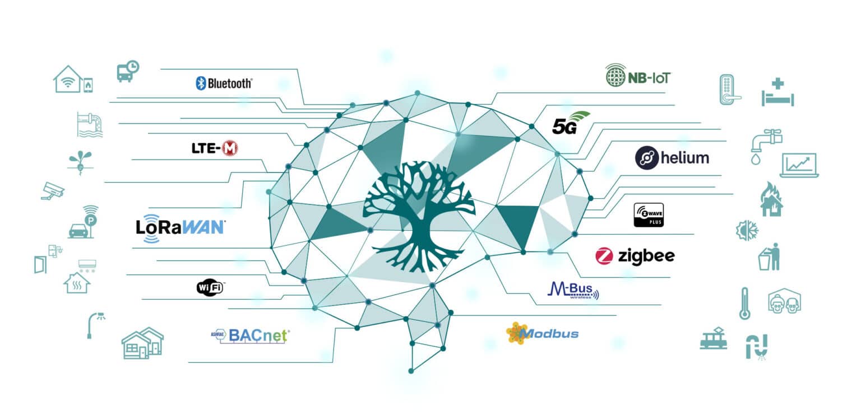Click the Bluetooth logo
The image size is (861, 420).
(x=224, y=83)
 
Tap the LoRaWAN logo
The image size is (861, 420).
(x=180, y=227)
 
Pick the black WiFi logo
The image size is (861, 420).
(x=210, y=288)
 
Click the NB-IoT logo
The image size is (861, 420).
(x=638, y=76)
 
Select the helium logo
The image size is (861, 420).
(x=672, y=158)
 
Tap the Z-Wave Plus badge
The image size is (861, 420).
(x=649, y=215)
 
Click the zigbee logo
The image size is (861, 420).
(x=635, y=256)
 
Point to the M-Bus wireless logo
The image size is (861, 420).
(x=572, y=291)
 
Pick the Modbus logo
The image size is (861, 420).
(x=542, y=333)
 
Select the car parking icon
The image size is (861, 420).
(x=82, y=223)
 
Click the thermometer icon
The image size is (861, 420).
(x=744, y=303)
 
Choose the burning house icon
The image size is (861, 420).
(x=771, y=199)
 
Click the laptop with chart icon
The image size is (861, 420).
(x=799, y=165)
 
